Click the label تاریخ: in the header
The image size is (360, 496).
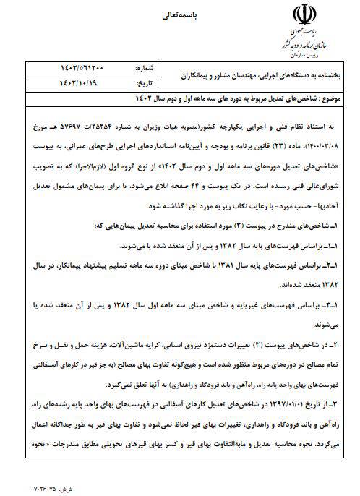point(145,83)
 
